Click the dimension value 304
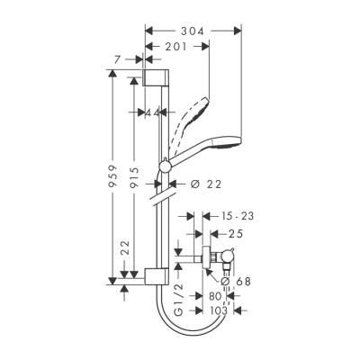point(192,31)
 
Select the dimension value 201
point(175,47)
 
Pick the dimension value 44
point(148,112)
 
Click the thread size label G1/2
point(178,298)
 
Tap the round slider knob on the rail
point(165,166)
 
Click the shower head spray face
point(231,141)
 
